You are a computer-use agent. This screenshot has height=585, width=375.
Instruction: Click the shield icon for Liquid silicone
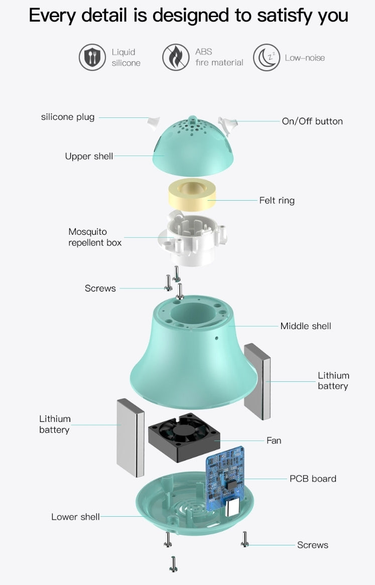(92, 58)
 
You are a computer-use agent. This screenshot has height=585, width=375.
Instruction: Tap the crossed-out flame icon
(176, 57)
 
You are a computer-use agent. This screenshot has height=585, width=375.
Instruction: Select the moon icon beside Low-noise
(267, 58)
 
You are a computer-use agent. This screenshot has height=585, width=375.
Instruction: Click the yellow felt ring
(192, 194)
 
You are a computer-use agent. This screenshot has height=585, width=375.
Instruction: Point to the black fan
(184, 437)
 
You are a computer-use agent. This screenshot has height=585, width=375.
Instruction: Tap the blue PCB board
(225, 478)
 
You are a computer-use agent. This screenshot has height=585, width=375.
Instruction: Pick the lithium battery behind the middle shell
(258, 381)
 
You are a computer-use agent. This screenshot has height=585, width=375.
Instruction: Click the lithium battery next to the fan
(131, 437)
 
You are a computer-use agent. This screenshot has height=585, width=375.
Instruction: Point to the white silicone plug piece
(154, 122)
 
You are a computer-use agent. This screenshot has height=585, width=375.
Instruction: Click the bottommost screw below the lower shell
(173, 564)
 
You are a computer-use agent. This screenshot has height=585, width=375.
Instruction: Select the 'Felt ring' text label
(277, 200)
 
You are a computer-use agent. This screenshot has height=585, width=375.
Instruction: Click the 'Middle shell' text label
(306, 326)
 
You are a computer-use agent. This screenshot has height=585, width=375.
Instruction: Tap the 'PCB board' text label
(313, 479)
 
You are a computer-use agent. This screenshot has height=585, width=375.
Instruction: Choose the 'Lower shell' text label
(75, 517)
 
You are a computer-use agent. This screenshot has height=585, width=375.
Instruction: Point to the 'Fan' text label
(274, 441)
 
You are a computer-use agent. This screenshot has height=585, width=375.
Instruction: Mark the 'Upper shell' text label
(89, 157)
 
